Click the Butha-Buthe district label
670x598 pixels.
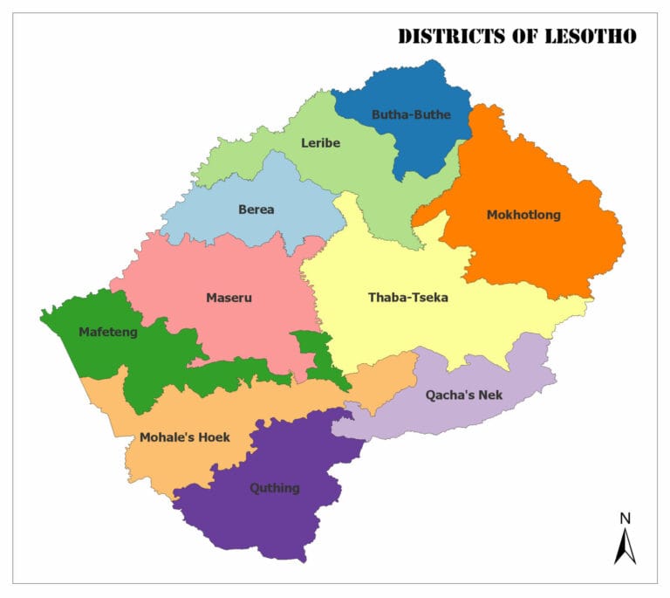[411, 114]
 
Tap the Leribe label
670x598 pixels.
[320, 143]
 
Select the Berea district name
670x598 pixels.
[256, 210]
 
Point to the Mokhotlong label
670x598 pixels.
[523, 215]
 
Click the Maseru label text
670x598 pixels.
[229, 298]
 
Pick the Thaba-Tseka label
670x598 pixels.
[407, 298]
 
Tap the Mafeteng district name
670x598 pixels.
[107, 332]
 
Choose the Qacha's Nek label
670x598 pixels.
[464, 395]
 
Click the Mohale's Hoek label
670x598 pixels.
[184, 436]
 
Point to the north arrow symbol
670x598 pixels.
[625, 546]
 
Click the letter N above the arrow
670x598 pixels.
[625, 519]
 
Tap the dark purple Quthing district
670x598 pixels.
[262, 519]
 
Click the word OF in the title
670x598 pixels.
[522, 37]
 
